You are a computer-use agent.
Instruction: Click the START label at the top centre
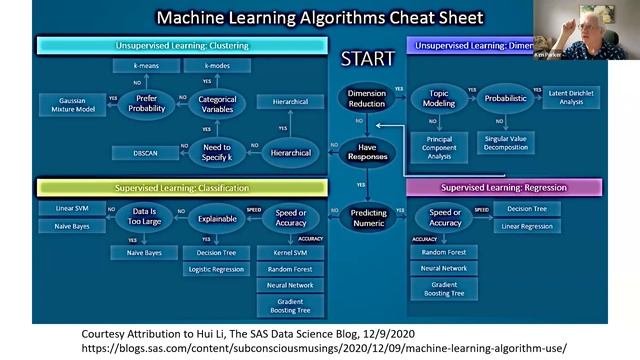click(367, 58)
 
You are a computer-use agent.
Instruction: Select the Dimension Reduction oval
click(367, 98)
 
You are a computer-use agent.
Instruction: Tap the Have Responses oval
click(367, 151)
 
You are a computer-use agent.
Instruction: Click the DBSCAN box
click(145, 154)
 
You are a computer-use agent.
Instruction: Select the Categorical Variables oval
click(217, 103)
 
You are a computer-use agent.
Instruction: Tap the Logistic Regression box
click(217, 269)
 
